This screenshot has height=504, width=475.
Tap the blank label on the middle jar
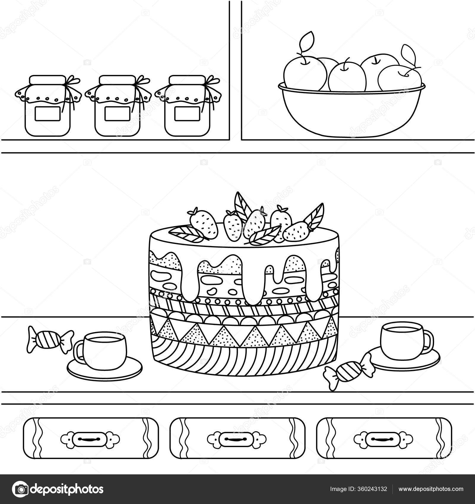(118, 114)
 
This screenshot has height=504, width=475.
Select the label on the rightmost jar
(187, 114)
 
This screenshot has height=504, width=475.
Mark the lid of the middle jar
(118, 80)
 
